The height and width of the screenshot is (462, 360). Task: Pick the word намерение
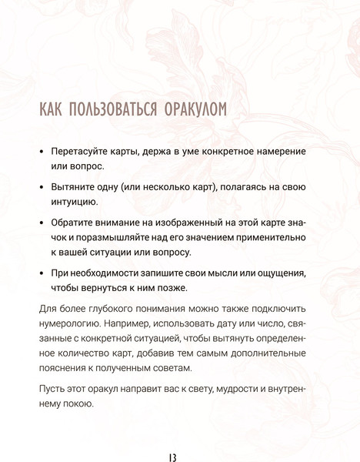click(x=277, y=151)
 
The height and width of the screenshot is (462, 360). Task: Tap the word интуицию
click(x=74, y=203)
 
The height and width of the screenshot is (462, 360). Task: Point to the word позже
click(x=169, y=289)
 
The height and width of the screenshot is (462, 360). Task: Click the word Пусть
click(x=54, y=390)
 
